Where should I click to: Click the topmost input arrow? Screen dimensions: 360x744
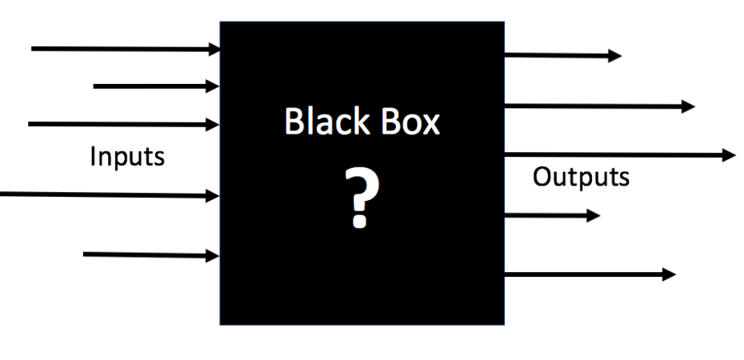click(x=124, y=49)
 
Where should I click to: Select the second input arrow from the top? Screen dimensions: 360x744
click(x=156, y=85)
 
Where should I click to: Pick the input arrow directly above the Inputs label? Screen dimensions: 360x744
click(x=124, y=124)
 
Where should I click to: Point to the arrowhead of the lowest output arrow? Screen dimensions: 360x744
click(x=669, y=274)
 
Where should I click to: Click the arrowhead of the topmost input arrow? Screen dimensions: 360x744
click(x=214, y=49)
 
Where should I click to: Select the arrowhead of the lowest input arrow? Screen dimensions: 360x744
click(x=214, y=256)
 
